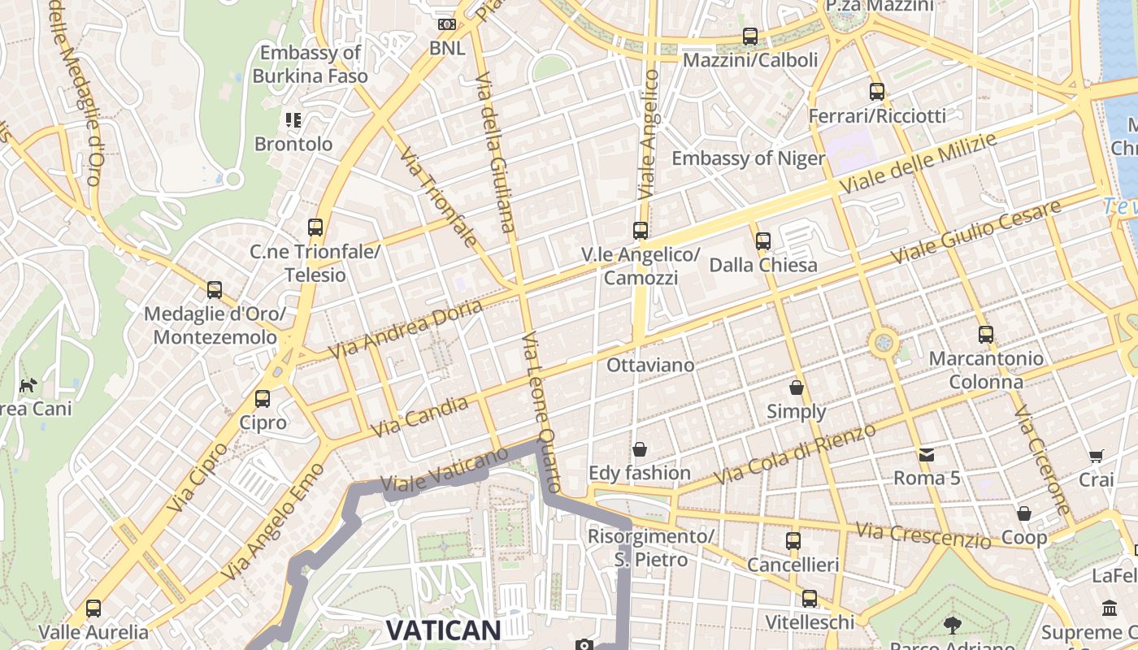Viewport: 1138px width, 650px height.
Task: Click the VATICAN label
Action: click(443, 630)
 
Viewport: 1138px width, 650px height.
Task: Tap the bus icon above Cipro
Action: click(262, 399)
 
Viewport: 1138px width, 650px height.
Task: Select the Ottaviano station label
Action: click(650, 365)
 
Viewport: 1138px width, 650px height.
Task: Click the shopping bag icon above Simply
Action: click(797, 388)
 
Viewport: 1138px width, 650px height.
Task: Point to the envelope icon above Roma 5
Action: click(927, 454)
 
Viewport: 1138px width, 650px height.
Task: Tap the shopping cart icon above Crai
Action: click(1097, 457)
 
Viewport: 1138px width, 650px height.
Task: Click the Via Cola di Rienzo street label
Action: click(794, 455)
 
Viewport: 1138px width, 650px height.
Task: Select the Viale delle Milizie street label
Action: click(918, 164)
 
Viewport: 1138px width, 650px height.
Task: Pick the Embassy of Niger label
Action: click(748, 158)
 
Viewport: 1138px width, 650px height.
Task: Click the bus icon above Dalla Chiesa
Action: click(762, 241)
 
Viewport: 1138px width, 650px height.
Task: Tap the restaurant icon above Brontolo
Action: click(293, 121)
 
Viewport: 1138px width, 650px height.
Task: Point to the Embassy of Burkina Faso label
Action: click(310, 65)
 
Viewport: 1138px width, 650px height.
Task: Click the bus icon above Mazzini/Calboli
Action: click(750, 37)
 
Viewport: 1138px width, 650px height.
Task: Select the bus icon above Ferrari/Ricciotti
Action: click(876, 92)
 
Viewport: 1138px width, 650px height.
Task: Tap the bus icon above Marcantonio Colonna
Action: click(986, 335)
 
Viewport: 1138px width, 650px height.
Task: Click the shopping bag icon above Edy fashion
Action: click(640, 449)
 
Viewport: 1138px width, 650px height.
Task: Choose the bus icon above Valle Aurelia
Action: click(93, 608)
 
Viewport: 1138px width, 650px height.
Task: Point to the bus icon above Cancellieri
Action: click(793, 541)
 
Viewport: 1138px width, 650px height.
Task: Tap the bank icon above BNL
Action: click(447, 24)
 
